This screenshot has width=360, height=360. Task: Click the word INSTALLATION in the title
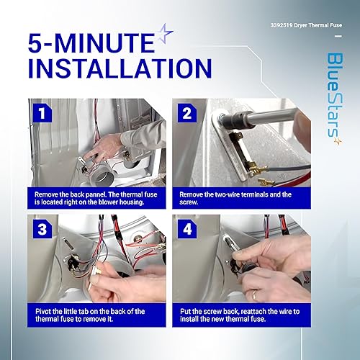(x=109, y=68)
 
